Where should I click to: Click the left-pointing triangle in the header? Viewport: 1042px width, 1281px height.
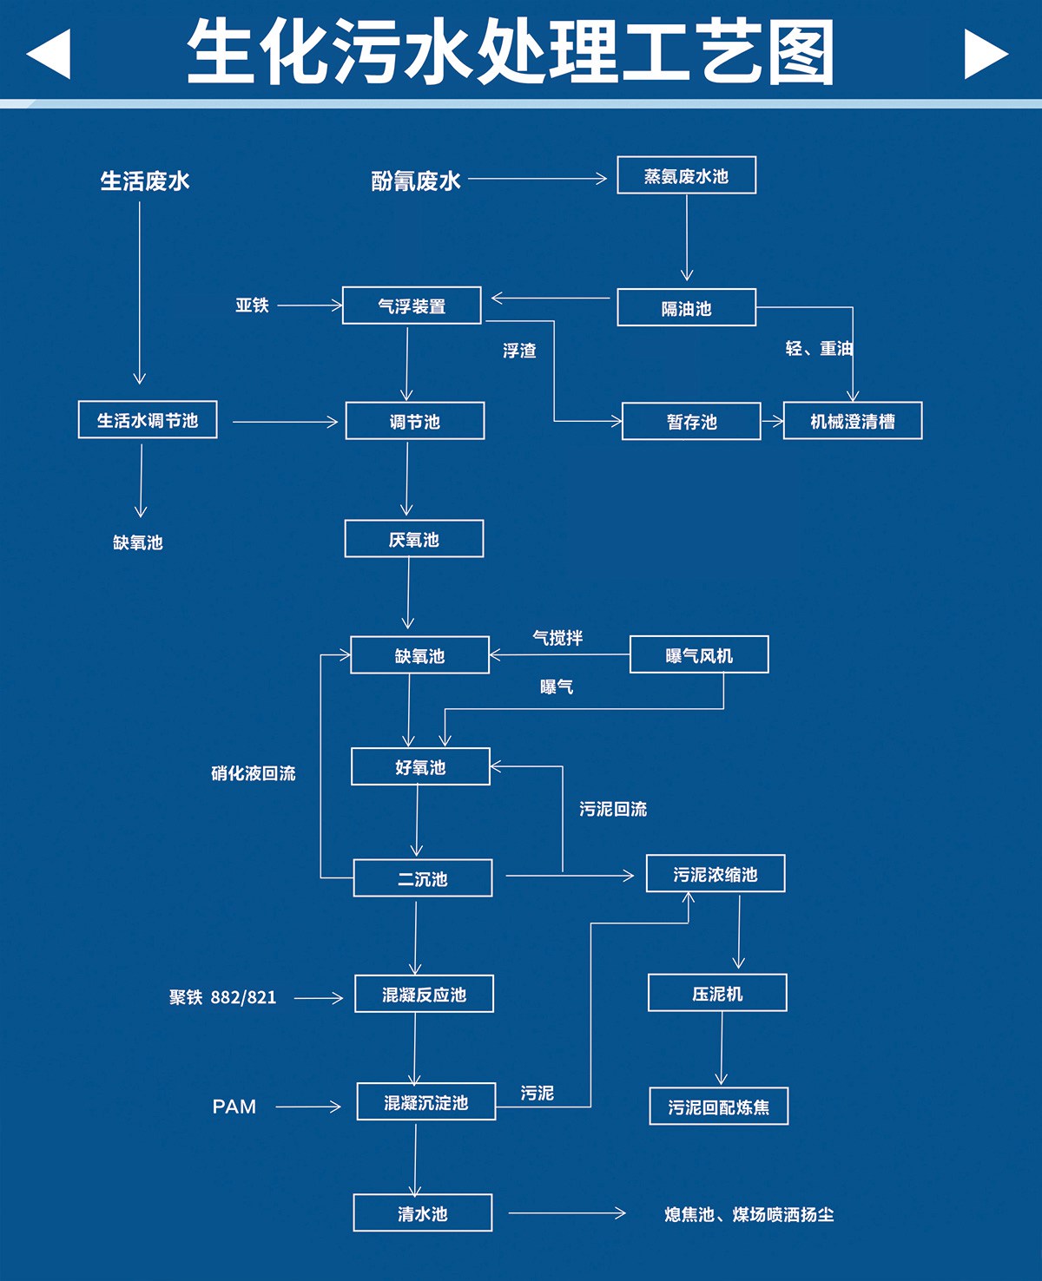click(x=49, y=54)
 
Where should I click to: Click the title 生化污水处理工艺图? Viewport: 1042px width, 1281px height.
click(x=511, y=52)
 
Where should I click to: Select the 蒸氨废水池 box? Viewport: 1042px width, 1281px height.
click(x=686, y=175)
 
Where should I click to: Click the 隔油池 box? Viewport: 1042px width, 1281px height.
click(x=686, y=308)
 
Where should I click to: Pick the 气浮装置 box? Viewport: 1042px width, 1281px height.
click(x=412, y=305)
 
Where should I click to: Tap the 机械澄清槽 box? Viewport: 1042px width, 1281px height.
click(x=852, y=421)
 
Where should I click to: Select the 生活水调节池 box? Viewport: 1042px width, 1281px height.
click(x=148, y=420)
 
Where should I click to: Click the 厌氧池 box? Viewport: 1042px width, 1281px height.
click(x=414, y=539)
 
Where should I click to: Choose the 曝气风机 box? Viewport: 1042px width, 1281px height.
click(x=699, y=655)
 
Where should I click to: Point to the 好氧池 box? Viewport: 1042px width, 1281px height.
click(x=420, y=767)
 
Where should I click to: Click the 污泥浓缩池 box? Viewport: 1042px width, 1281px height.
click(x=716, y=874)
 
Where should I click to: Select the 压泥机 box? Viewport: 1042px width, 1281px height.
click(x=717, y=993)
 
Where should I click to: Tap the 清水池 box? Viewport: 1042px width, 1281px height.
click(x=423, y=1213)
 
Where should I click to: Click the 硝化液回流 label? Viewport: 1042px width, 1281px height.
click(x=254, y=773)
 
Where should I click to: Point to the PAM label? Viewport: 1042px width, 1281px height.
click(x=234, y=1107)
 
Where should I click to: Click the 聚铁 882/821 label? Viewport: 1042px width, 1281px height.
click(x=223, y=997)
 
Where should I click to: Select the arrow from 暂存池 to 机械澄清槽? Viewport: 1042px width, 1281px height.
click(x=772, y=422)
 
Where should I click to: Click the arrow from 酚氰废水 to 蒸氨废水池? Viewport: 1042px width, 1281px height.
click(x=537, y=179)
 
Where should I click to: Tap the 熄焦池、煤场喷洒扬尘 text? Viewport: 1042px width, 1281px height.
click(x=749, y=1214)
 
